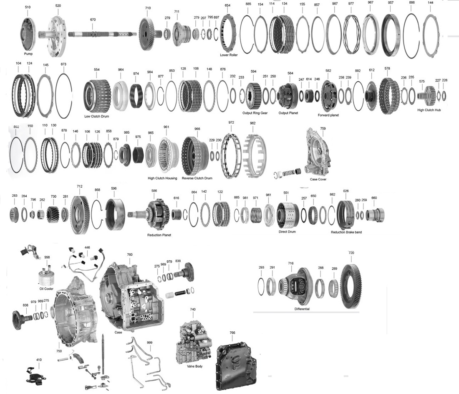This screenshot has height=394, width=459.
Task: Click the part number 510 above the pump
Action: click(28, 7)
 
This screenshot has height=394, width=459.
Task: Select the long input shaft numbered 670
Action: click(102, 34)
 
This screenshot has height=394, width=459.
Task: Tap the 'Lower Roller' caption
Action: click(229, 55)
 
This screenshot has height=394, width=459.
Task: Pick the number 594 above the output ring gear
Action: click(253, 71)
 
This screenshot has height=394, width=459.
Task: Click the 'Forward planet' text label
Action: click(328, 115)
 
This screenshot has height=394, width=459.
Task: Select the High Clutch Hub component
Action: click(429, 96)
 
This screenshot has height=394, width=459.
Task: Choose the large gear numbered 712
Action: click(80, 214)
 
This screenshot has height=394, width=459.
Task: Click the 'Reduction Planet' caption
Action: click(159, 235)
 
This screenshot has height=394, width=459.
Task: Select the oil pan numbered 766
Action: click(236, 363)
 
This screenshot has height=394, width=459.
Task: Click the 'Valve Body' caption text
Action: click(194, 366)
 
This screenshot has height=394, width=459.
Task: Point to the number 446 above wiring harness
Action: click(87, 247)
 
